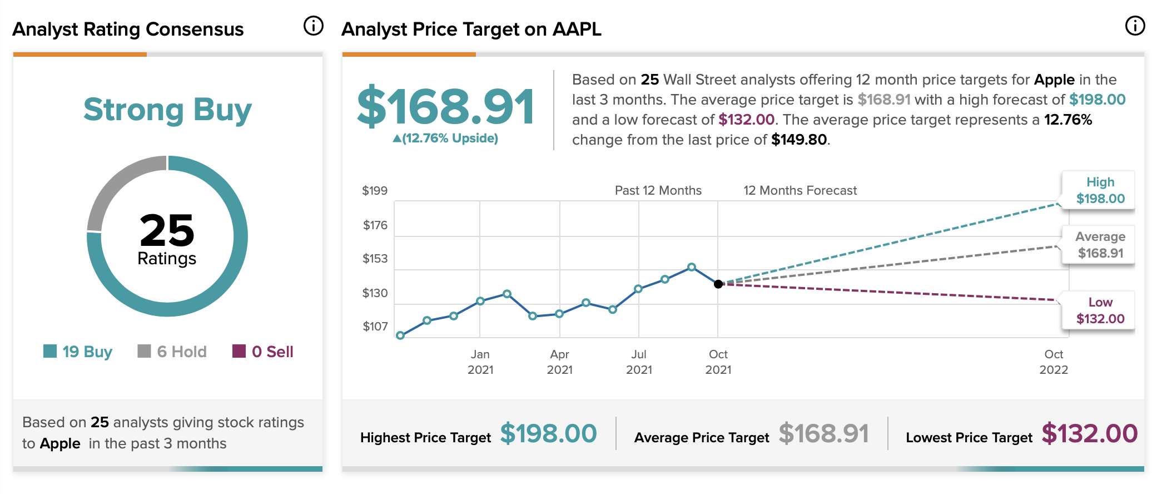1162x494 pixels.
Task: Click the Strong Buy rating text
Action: tap(167, 110)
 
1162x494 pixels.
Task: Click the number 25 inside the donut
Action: tap(167, 230)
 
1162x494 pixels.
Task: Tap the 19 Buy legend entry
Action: tap(78, 352)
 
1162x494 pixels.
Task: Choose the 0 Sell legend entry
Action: tap(262, 352)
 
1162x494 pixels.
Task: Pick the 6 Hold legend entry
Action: tap(172, 352)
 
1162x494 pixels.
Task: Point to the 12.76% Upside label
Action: tap(446, 138)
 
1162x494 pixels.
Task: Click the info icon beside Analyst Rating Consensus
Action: tap(314, 26)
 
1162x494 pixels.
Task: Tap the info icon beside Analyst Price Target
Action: tap(1135, 26)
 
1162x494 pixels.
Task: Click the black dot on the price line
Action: tap(718, 284)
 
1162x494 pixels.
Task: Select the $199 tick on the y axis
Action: tap(375, 191)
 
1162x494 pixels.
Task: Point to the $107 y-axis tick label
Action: tap(375, 327)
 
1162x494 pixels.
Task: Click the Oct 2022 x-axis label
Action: tap(1054, 362)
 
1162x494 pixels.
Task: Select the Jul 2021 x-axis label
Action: tap(639, 362)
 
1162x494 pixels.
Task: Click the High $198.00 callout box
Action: tap(1099, 190)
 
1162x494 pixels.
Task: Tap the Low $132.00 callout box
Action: tap(1099, 310)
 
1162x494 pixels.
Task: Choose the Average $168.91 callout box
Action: tap(1099, 245)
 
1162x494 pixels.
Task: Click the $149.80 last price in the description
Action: tap(799, 140)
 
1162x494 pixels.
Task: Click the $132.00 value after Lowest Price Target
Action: tap(1089, 433)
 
